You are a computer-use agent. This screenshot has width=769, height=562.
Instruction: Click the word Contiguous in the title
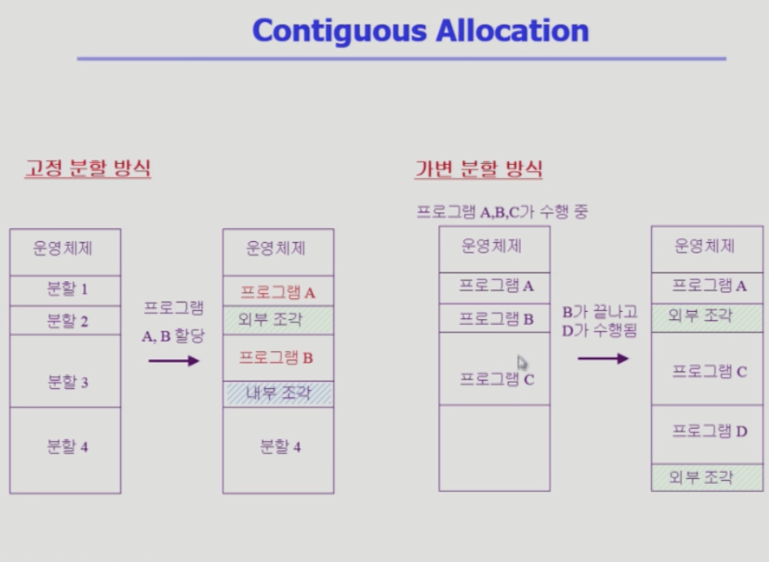coord(339,32)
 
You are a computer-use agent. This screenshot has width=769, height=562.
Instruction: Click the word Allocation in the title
coord(512,30)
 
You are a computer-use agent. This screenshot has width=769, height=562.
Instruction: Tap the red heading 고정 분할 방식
coord(88,168)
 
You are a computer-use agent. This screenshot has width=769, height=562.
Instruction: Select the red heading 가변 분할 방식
coord(478,169)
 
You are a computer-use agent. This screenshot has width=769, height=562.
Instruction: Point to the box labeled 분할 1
coord(65,291)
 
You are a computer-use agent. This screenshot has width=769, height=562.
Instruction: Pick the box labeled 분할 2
coord(65,321)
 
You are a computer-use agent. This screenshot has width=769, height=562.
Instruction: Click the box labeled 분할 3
coord(65,371)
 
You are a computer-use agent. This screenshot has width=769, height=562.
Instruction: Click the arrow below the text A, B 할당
coord(174,361)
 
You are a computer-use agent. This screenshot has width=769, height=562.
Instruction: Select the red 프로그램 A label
coord(277,292)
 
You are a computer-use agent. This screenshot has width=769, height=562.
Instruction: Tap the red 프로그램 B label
coord(276,357)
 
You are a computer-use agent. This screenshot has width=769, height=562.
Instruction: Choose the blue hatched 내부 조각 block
coord(279,394)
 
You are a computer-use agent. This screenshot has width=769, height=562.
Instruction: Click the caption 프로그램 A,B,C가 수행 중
coord(502,212)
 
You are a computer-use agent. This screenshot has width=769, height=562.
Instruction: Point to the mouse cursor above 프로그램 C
coord(522,363)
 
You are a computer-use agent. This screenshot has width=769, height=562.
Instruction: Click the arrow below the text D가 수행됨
coord(603,359)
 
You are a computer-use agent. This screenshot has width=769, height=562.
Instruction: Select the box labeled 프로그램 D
coord(707,434)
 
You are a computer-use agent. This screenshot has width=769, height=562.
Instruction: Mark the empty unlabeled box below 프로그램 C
coord(494,447)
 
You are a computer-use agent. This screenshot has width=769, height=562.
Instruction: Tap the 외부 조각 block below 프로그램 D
coord(707,478)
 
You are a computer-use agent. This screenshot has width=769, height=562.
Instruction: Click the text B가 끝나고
coord(600,312)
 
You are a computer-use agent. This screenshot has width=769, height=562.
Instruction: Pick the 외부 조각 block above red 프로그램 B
coord(279,320)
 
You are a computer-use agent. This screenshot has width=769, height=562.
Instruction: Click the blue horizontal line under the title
coord(402,58)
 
